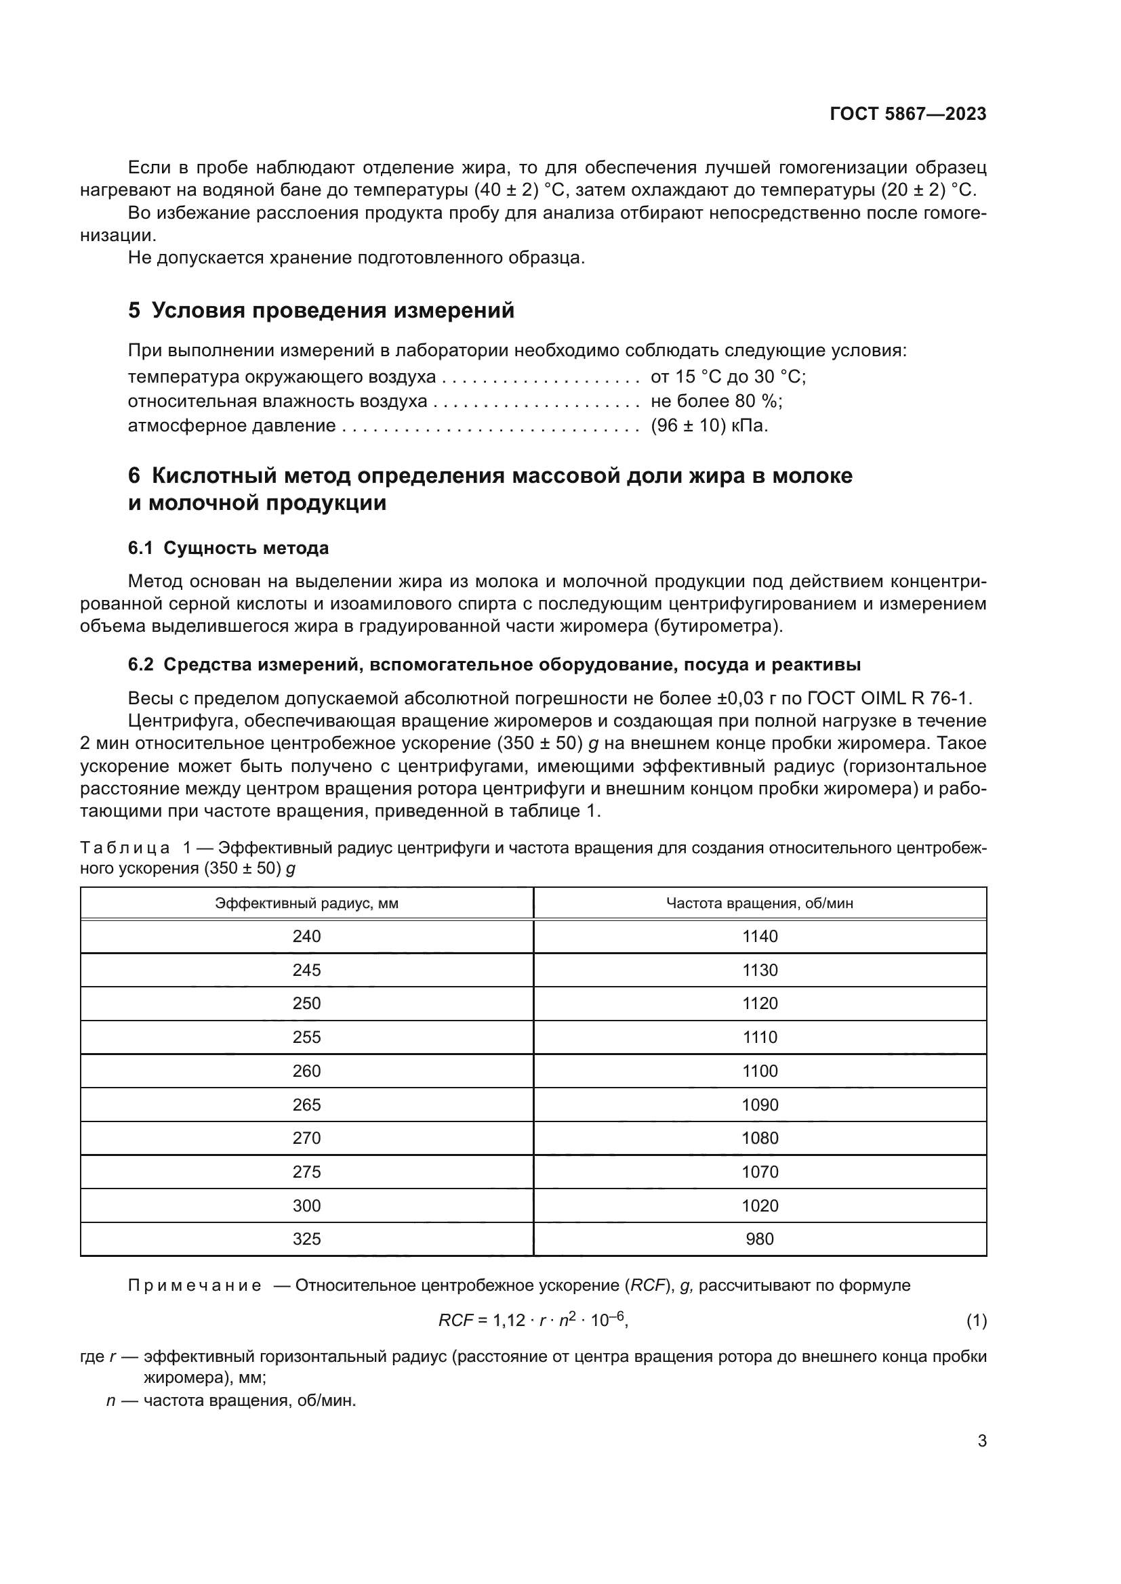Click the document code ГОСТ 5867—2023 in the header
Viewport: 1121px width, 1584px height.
(x=908, y=114)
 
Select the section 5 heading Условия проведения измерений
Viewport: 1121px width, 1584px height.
(x=321, y=310)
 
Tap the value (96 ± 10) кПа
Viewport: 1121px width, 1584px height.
(x=709, y=426)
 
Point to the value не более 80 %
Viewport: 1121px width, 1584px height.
(x=716, y=402)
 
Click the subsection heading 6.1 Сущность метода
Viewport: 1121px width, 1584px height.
(x=228, y=549)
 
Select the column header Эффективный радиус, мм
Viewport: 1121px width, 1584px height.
(x=306, y=903)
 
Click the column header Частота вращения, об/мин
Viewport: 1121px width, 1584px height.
(x=759, y=903)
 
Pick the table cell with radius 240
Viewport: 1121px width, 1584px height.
(x=306, y=936)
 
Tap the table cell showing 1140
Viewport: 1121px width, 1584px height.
(x=759, y=936)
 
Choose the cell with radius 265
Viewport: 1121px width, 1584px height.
(x=306, y=1105)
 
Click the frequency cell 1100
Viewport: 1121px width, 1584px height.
(x=759, y=1071)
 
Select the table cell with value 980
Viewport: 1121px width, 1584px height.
(x=759, y=1239)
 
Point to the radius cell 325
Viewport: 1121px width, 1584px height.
(x=306, y=1239)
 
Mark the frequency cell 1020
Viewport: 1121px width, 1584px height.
(x=759, y=1205)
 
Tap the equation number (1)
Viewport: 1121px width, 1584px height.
(x=976, y=1321)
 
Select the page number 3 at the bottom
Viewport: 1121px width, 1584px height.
(x=981, y=1441)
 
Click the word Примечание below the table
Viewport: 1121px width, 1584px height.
(x=195, y=1285)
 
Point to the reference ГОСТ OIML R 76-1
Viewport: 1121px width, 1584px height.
(x=889, y=698)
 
